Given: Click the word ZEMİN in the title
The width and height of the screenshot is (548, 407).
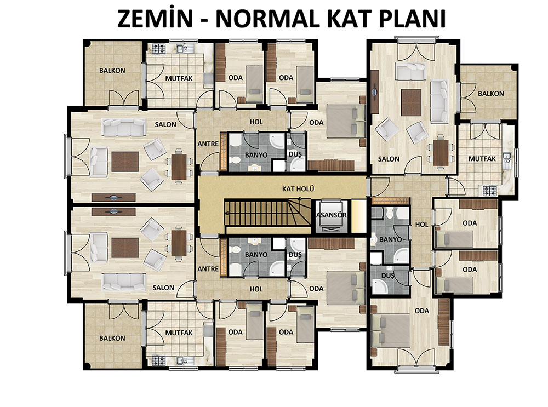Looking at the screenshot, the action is pyautogui.click(x=155, y=19).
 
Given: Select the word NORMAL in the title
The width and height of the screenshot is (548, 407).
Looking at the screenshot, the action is pyautogui.click(x=267, y=19).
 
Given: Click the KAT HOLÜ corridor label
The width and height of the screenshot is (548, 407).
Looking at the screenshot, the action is pyautogui.click(x=298, y=189).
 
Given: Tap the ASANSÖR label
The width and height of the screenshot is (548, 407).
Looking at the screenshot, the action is pyautogui.click(x=332, y=215).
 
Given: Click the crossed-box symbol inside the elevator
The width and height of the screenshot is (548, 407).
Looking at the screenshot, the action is pyautogui.click(x=331, y=229).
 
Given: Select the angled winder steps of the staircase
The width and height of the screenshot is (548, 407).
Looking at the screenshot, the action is pyautogui.click(x=299, y=213).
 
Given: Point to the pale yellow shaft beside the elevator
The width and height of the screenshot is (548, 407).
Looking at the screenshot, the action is pyautogui.click(x=358, y=216).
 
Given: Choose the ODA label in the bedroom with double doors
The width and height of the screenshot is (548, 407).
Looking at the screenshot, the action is pyautogui.click(x=421, y=311).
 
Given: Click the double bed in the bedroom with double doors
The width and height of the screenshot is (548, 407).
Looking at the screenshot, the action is pyautogui.click(x=391, y=330).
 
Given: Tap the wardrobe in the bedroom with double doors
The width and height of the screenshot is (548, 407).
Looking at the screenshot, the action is pyautogui.click(x=443, y=322).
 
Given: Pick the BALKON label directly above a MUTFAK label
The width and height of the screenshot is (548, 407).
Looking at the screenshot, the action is pyautogui.click(x=491, y=94).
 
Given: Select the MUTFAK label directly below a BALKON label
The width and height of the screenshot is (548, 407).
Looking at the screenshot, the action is pyautogui.click(x=482, y=159).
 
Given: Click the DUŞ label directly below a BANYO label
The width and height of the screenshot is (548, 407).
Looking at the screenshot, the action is pyautogui.click(x=387, y=276).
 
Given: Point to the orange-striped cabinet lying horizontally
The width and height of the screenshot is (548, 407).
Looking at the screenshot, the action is pyautogui.click(x=390, y=201).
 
